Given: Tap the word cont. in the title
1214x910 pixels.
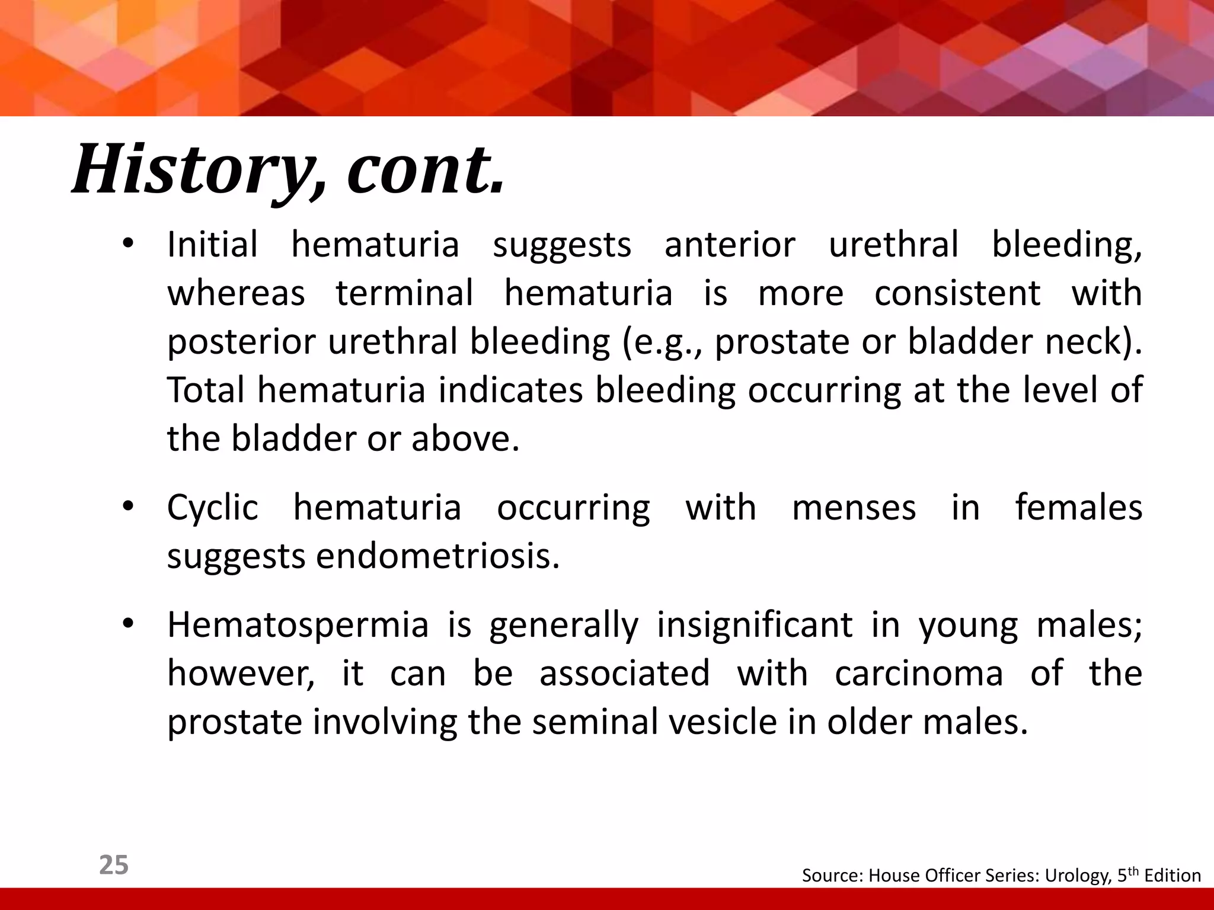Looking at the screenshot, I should tap(425, 170).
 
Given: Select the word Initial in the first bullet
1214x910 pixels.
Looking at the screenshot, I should tap(212, 245).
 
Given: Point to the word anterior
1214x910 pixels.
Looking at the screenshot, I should tap(729, 245).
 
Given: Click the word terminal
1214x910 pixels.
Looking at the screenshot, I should tap(404, 293).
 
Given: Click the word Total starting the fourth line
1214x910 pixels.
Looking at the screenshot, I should tap(206, 391).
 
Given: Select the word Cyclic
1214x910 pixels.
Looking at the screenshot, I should tap(212, 508).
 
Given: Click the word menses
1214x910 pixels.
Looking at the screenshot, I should tap(854, 508).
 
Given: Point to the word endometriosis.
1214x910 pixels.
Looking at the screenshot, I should tap(437, 557).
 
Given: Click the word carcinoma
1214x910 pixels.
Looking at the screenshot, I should tap(919, 674).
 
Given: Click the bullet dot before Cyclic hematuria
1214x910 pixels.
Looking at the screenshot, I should tap(128, 508).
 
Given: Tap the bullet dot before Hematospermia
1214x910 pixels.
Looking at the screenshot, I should tap(128, 625).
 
